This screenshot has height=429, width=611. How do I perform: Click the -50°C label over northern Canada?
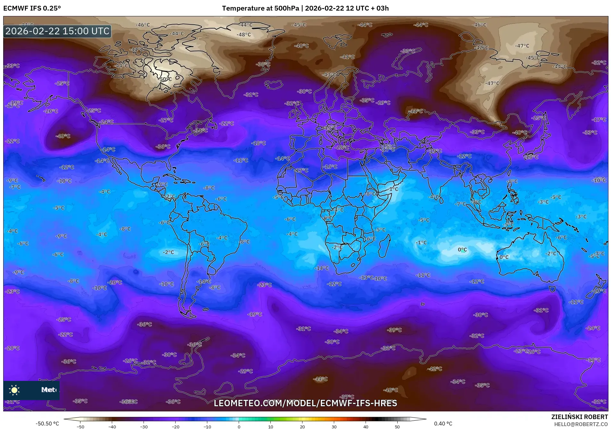[x=165, y=79]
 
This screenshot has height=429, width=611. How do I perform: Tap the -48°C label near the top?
[x=244, y=35]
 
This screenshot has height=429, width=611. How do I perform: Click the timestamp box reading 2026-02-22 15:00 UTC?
[x=58, y=31]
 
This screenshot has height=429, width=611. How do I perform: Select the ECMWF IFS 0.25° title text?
[x=32, y=8]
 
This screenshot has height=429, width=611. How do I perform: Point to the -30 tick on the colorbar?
[x=144, y=427]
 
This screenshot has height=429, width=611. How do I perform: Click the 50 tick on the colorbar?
[x=397, y=427]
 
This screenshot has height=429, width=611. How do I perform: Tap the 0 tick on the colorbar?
[x=239, y=427]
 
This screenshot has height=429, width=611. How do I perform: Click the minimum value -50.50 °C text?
[x=47, y=424]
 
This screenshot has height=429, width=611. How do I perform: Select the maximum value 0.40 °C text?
[x=443, y=424]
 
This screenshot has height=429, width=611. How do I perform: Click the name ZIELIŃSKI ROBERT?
[x=579, y=417]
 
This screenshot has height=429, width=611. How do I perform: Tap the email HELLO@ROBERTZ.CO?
[x=581, y=424]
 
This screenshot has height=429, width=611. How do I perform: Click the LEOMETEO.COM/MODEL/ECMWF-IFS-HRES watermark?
[x=305, y=403]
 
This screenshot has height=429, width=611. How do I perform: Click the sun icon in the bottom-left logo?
[x=14, y=390]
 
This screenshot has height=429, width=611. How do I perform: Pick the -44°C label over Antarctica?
[x=321, y=379]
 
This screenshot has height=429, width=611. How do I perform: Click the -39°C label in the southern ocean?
[x=394, y=330]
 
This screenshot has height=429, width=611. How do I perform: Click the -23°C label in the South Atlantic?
[x=265, y=285]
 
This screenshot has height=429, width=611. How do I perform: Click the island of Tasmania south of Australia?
[x=552, y=289]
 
